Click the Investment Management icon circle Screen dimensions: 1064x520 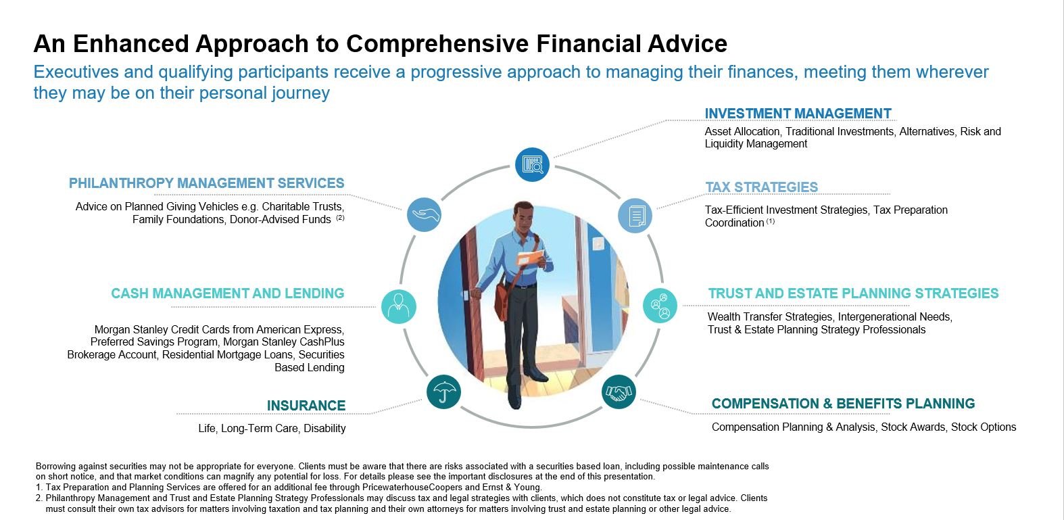click(532, 165)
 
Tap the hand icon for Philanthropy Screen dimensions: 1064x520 click(424, 214)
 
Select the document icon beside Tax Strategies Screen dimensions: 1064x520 click(635, 216)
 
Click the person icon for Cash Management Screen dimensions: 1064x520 click(399, 306)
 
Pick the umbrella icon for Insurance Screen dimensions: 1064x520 click(443, 392)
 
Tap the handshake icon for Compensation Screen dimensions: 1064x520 click(619, 392)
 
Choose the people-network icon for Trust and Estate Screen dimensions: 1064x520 click(660, 306)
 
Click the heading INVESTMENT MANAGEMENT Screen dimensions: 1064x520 click(798, 114)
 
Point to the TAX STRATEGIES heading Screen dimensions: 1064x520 click(761, 187)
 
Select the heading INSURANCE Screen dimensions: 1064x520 click(306, 406)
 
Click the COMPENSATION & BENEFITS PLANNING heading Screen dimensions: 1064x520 click(843, 404)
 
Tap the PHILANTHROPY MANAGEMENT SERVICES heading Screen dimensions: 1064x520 click(207, 183)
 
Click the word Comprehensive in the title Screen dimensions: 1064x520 click(437, 44)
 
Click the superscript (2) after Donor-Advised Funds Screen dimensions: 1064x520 click(340, 218)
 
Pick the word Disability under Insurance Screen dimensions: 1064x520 click(324, 428)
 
